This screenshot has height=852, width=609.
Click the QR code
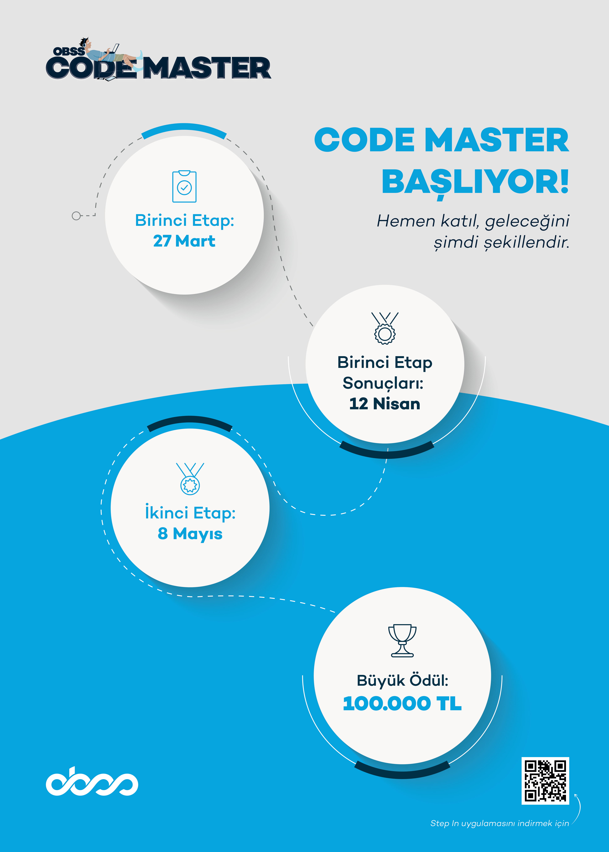[545, 780]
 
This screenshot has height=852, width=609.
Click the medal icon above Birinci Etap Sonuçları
[385, 328]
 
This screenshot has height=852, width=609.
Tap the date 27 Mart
[184, 241]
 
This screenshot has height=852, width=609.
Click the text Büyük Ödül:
[402, 680]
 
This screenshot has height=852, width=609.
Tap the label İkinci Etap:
[190, 512]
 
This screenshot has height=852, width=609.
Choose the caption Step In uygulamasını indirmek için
[499, 823]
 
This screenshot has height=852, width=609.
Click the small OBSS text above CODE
[69, 51]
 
